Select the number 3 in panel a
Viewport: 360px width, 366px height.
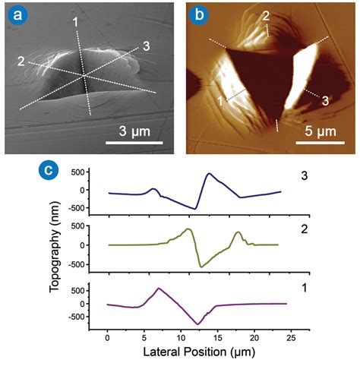point(146,46)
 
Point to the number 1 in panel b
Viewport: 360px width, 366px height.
point(220,99)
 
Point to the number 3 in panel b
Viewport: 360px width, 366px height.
point(324,99)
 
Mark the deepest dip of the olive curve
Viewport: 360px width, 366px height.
point(201,267)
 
